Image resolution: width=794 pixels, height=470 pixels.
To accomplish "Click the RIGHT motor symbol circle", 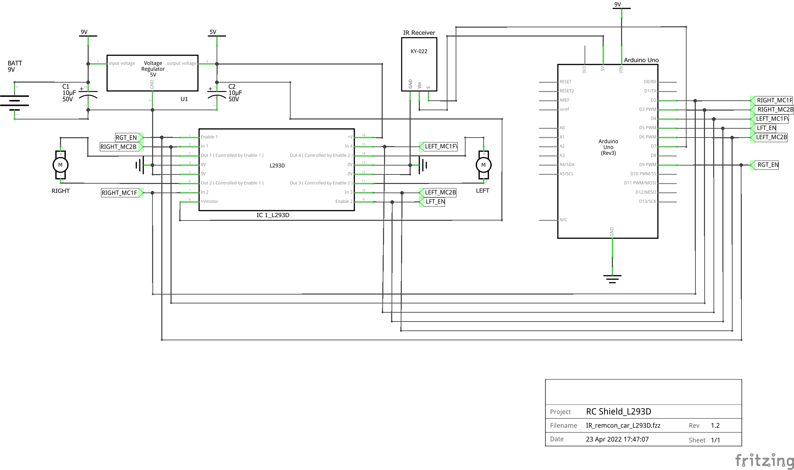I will [x=60, y=165].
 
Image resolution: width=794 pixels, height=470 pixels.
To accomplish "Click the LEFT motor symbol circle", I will [x=483, y=165].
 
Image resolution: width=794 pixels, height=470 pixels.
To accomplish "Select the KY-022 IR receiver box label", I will [x=419, y=52].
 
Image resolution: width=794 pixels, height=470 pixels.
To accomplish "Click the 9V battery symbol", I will [x=14, y=101].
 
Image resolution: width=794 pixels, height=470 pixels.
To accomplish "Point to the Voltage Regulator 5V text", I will [x=153, y=69].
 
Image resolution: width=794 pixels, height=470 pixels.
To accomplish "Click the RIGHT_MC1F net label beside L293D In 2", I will [x=120, y=193].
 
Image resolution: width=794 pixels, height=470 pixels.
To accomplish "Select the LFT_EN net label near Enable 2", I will [x=435, y=202].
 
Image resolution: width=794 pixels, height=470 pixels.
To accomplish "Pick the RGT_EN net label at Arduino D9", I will [x=767, y=165].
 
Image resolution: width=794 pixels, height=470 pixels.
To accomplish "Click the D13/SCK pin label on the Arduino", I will [x=647, y=201].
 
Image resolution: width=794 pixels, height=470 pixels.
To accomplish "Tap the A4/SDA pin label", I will [x=567, y=165].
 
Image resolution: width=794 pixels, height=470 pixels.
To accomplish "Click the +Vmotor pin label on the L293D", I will [x=209, y=201].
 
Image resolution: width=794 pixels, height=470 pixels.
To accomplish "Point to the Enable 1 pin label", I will [x=209, y=137].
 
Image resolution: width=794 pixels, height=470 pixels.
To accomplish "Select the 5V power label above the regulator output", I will [x=213, y=32].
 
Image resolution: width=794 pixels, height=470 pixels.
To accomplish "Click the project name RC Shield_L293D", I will [x=618, y=412].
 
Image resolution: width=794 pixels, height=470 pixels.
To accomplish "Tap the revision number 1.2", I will [x=715, y=426].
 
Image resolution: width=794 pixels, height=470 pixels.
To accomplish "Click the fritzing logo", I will [x=764, y=460].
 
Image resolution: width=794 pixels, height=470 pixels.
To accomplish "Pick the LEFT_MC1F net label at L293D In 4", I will [x=440, y=146].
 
